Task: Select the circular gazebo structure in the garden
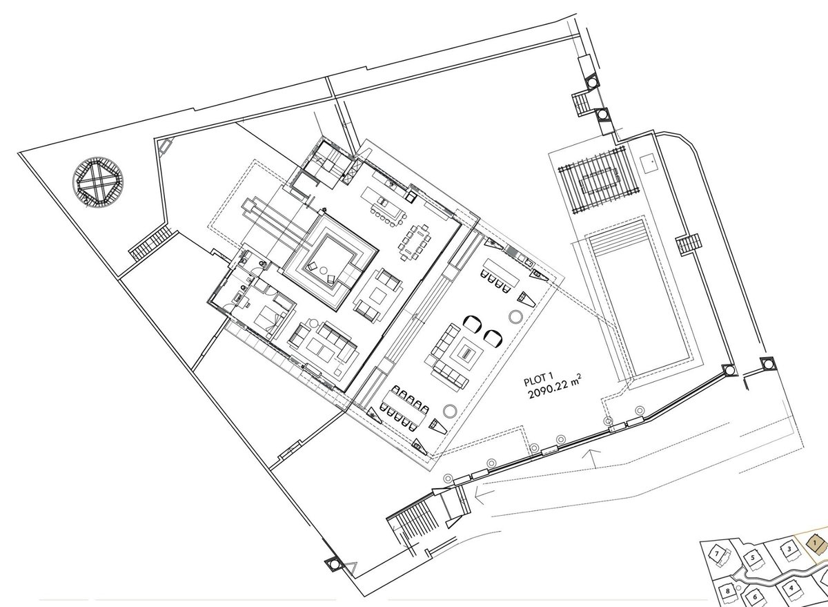pos(97,182)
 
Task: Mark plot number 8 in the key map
pos(727,591)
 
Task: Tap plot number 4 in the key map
pos(791,588)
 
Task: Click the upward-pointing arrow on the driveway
pos(591,459)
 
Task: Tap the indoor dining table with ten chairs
pos(415,242)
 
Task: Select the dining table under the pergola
pos(599,180)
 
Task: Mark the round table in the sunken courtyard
pos(323,270)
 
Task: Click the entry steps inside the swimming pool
pos(617,236)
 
